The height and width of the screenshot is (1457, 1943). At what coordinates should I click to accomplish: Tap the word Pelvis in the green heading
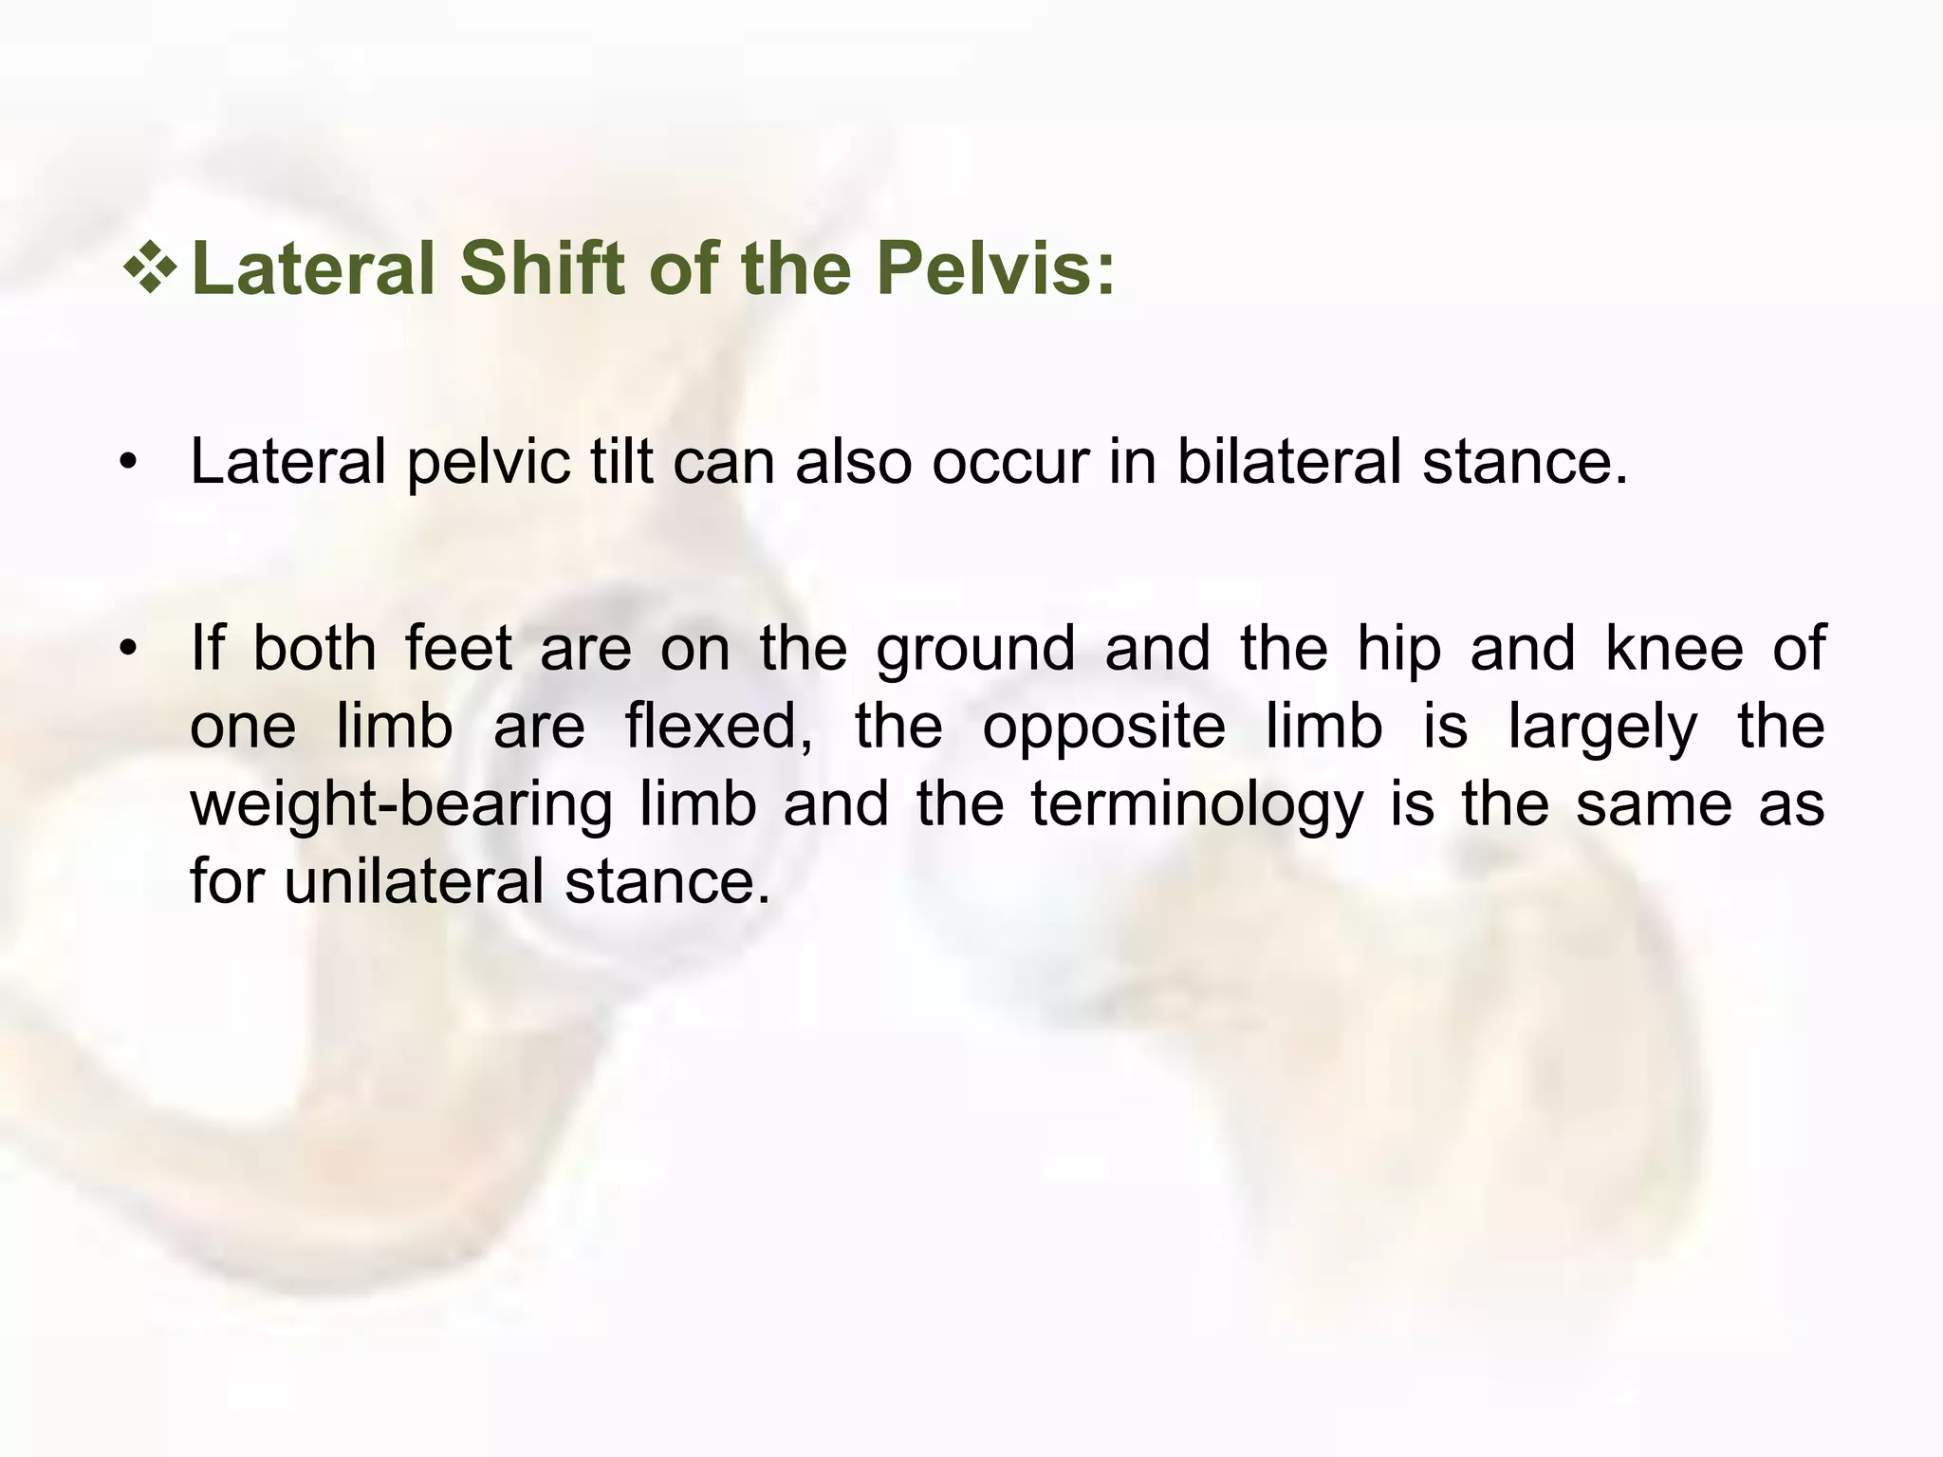tap(994, 268)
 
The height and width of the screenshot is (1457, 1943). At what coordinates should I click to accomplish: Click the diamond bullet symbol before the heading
tap(150, 267)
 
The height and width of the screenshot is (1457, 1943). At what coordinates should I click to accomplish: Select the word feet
tap(458, 649)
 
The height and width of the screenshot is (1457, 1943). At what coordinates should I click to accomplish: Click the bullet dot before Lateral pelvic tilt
tap(129, 464)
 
